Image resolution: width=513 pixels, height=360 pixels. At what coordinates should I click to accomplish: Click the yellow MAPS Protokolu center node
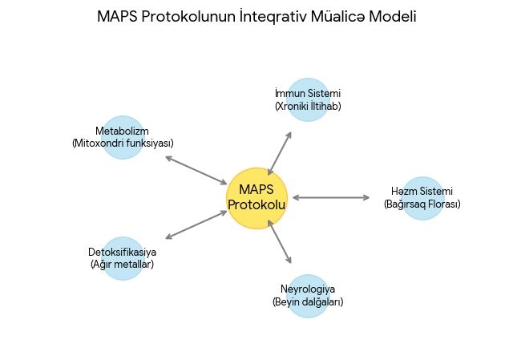[x=256, y=198]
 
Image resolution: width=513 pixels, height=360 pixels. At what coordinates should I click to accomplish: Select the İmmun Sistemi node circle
[x=308, y=99]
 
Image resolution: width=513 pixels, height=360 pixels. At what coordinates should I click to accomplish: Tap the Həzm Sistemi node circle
[x=422, y=198]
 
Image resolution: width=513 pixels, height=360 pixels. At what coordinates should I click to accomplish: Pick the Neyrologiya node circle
[x=308, y=296]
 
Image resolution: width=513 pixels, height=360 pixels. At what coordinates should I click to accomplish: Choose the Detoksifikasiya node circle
[x=123, y=258]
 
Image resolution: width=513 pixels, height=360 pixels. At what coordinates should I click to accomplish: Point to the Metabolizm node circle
[x=123, y=137]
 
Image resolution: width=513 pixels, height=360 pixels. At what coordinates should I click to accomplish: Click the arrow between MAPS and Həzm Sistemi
[x=330, y=197]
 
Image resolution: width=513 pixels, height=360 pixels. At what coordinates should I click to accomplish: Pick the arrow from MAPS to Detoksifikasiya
[x=196, y=224]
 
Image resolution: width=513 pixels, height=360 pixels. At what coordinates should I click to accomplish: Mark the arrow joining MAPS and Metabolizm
[x=196, y=170]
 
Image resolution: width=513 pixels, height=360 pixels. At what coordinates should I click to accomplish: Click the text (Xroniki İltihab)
[x=308, y=106]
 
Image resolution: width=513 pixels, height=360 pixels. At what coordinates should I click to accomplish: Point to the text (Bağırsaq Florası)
[x=422, y=204]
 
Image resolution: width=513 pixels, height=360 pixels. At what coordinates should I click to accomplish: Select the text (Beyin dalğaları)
[x=308, y=302]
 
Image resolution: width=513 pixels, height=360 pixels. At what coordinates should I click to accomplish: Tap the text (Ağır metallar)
[x=123, y=265]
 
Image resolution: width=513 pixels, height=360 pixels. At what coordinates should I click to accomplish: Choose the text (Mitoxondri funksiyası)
[x=123, y=144]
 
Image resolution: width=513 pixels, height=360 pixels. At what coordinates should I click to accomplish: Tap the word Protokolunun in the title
[x=179, y=16]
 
